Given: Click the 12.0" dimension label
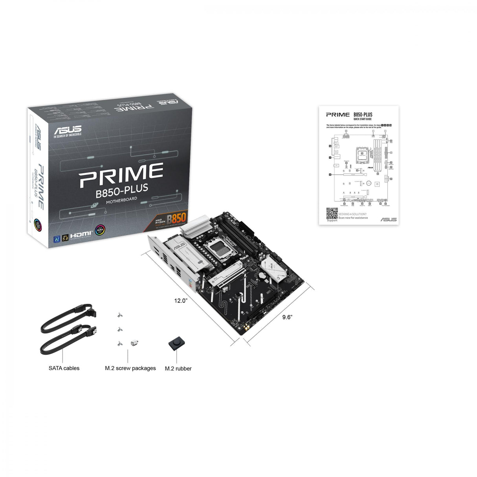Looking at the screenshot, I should point(181,301).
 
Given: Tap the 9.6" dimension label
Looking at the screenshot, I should point(287,317).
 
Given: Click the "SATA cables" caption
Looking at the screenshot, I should point(64,368).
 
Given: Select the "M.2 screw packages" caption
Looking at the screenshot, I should point(130,368).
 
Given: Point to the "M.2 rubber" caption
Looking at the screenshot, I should point(178,369).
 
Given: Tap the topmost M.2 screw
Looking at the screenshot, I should point(119,315).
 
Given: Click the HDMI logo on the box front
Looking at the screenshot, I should point(81,234).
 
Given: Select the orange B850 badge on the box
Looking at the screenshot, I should point(176,218).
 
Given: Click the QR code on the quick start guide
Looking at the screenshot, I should point(332,213).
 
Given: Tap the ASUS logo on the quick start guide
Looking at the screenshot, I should point(388,219).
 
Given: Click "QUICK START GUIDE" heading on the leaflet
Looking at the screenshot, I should point(362,119).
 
